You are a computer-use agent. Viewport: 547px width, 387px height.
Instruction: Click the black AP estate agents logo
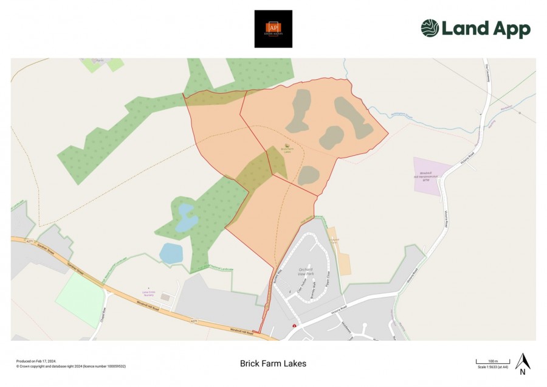pyautogui.click(x=273, y=29)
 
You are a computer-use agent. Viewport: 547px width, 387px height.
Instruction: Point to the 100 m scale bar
pyautogui.click(x=492, y=362)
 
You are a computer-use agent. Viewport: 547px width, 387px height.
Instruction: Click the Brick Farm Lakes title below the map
pyautogui.click(x=273, y=364)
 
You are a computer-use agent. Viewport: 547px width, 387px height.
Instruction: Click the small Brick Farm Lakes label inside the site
pyautogui.click(x=287, y=150)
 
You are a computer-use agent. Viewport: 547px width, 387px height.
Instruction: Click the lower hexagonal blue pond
pyautogui.click(x=171, y=253)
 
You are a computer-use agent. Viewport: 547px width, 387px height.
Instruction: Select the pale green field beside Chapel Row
pyautogui.click(x=80, y=299)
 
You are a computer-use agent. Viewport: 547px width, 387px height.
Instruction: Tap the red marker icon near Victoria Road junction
pyautogui.click(x=295, y=326)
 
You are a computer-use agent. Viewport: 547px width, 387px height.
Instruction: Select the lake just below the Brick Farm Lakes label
pyautogui.click(x=309, y=175)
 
